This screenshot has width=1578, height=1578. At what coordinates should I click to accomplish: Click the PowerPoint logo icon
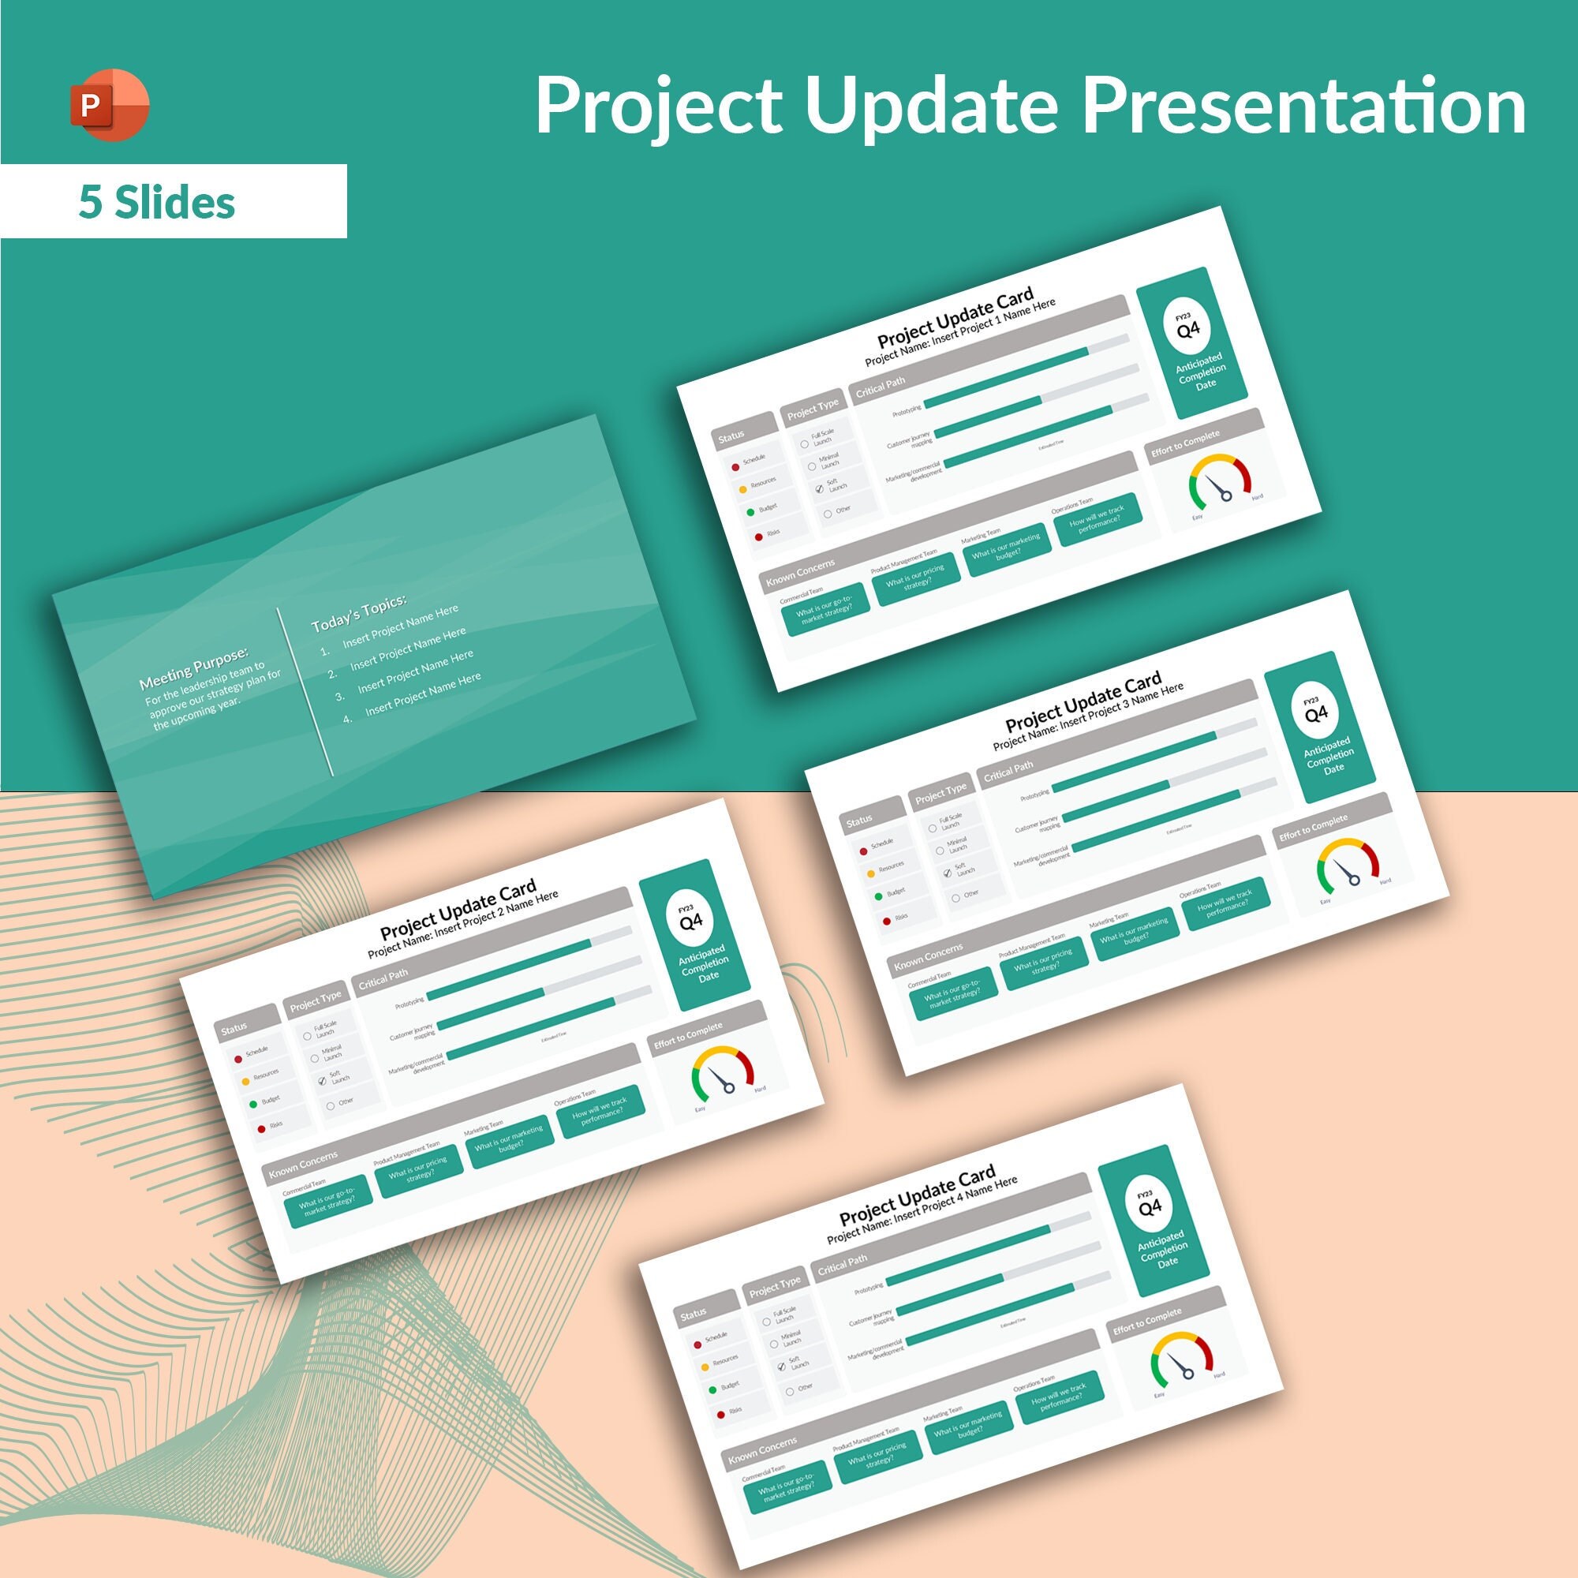(110, 106)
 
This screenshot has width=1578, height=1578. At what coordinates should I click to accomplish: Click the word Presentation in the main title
(1303, 107)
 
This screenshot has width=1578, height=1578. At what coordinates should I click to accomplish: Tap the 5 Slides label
(157, 202)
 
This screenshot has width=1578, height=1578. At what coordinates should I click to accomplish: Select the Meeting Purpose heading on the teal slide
(193, 669)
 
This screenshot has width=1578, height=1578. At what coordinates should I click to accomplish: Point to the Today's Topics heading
(358, 612)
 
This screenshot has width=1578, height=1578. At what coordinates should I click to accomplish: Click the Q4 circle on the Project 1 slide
(1187, 327)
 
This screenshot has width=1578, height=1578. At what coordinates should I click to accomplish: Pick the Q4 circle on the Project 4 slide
(1150, 1206)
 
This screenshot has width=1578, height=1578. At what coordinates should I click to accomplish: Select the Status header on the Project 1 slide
(731, 436)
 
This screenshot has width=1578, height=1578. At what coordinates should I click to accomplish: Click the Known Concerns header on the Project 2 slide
(303, 1163)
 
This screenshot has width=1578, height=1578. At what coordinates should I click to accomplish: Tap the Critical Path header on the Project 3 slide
(1008, 770)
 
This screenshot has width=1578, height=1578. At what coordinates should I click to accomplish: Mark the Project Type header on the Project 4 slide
(775, 1286)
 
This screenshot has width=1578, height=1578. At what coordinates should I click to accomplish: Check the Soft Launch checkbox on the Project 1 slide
(819, 488)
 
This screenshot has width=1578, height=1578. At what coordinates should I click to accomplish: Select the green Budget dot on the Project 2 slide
(253, 1105)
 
